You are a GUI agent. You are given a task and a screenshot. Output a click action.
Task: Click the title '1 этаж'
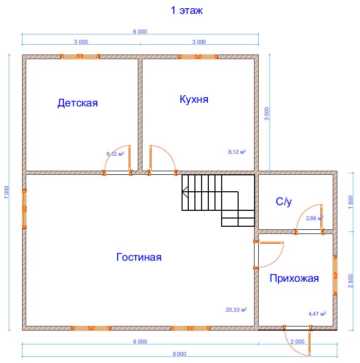coord(187,10)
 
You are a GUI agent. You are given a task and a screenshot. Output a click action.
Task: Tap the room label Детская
coord(78,103)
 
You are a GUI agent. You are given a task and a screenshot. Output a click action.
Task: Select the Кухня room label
coord(194,99)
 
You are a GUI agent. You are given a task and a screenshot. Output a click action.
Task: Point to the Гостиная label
coord(139,257)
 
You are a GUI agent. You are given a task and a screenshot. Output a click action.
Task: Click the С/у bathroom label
coord(283,202)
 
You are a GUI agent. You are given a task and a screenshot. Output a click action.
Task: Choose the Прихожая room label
coord(294,278)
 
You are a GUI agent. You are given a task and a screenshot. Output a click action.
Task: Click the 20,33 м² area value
coord(237,310)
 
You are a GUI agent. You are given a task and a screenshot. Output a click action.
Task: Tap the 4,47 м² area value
coord(317,314)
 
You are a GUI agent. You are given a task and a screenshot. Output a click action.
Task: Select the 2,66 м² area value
coord(314,218)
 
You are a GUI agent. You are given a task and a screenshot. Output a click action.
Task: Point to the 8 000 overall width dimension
coord(179,354)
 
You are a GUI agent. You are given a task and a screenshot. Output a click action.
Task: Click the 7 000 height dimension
coord(7,192)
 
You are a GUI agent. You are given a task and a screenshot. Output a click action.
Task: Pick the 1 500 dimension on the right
coord(351,202)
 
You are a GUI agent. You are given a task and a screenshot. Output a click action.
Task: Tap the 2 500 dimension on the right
coord(351,281)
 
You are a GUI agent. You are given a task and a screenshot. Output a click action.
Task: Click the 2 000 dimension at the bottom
coord(297,341)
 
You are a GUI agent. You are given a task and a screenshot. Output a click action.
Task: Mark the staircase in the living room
coord(218,201)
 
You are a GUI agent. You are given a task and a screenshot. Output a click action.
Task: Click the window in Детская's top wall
coord(80,56)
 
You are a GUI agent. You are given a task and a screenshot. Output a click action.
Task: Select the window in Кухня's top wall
coord(198,57)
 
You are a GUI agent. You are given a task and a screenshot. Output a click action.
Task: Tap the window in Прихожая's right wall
coord(335,275)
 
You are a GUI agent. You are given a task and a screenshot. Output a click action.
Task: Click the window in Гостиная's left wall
coord(24,209)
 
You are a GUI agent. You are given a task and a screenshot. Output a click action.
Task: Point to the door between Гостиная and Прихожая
coord(268,255)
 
